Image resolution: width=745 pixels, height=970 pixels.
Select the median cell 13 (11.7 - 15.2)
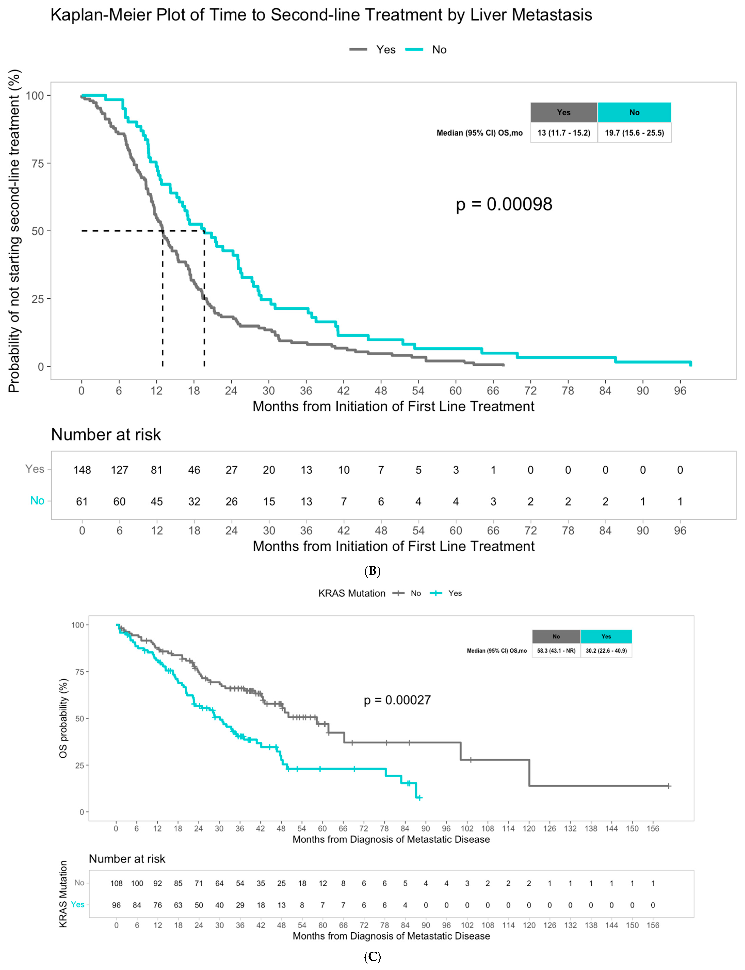(x=564, y=133)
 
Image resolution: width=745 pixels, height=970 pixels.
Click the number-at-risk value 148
(x=82, y=470)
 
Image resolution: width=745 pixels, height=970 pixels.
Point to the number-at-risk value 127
(x=119, y=470)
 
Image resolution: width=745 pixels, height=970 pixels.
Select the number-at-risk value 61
(x=82, y=501)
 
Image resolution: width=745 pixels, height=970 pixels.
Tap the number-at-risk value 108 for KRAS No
(x=116, y=883)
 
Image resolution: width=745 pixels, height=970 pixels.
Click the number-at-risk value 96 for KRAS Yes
(x=116, y=905)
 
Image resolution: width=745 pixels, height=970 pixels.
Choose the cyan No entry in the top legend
(x=439, y=50)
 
